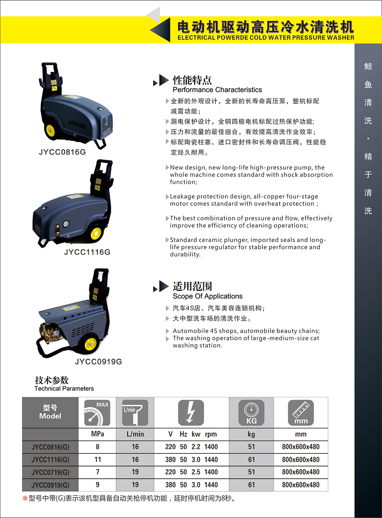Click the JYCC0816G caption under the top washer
62,152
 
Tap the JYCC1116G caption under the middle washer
87,252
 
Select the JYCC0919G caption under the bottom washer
98,361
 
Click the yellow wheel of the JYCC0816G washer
50,131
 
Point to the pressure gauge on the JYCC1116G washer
66,224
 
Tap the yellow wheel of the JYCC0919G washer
91,344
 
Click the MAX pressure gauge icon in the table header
97,413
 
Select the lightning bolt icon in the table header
191,413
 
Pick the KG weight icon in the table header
251,413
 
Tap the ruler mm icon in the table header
301,413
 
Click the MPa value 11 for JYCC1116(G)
98,460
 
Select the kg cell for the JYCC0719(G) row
251,472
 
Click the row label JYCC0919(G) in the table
50,485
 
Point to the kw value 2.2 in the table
196,447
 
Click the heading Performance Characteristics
217,90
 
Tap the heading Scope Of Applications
207,296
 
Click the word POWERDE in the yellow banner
232,38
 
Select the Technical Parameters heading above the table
64,389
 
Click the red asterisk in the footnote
25,499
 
